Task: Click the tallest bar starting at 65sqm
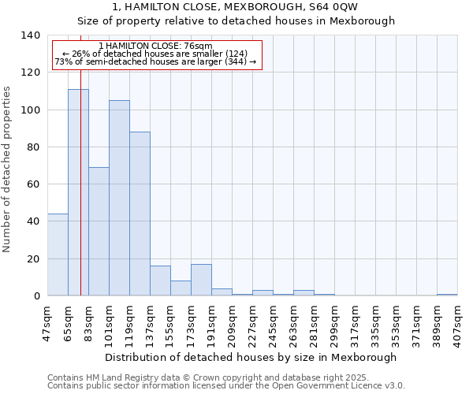[x=78, y=192]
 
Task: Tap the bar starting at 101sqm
[x=119, y=198]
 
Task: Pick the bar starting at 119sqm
[x=140, y=214]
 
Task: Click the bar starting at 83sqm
[x=99, y=232]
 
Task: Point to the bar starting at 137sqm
[x=160, y=281]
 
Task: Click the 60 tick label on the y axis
[x=32, y=184]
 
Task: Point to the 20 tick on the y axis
[x=32, y=258]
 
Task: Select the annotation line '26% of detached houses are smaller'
[x=156, y=54]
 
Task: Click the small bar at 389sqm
[x=447, y=295]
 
